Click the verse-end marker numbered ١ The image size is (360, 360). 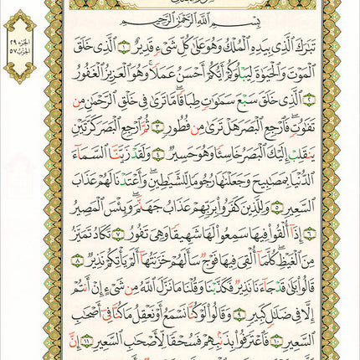click(125, 45)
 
